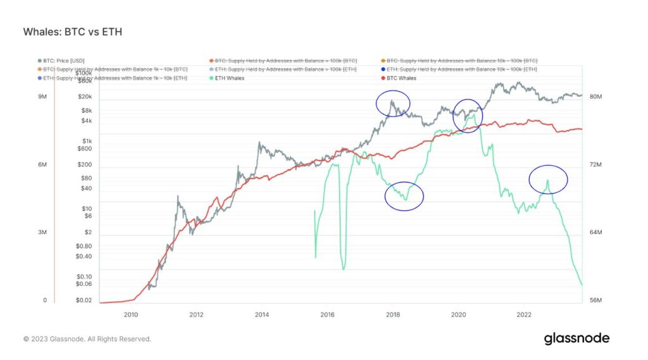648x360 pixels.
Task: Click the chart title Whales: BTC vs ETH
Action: [72, 31]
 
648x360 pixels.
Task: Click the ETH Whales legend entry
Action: [230, 78]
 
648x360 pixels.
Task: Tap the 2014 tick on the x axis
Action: [262, 314]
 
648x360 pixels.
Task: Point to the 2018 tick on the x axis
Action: [393, 314]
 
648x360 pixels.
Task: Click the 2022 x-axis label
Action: [524, 314]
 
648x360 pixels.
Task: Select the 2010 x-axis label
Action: [131, 314]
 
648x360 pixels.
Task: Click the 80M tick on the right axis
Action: [596, 97]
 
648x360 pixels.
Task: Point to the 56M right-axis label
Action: [596, 301]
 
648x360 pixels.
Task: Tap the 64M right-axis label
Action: [596, 233]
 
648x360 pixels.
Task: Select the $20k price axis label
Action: [84, 97]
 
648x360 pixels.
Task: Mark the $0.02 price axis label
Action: [84, 301]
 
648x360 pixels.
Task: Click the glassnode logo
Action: [576, 338]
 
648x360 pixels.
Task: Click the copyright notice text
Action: [87, 339]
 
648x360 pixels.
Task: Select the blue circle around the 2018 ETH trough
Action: [404, 196]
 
